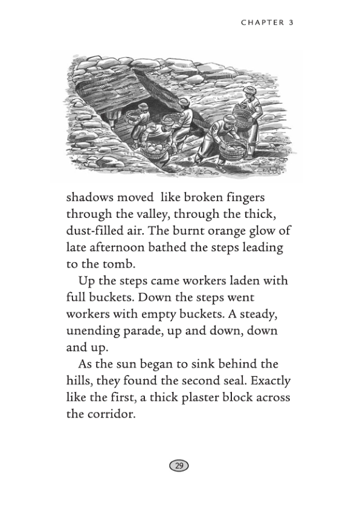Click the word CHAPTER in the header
point(262,23)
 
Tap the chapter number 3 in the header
point(291,23)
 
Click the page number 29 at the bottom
point(179,466)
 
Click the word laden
point(250,281)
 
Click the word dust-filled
point(95,231)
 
